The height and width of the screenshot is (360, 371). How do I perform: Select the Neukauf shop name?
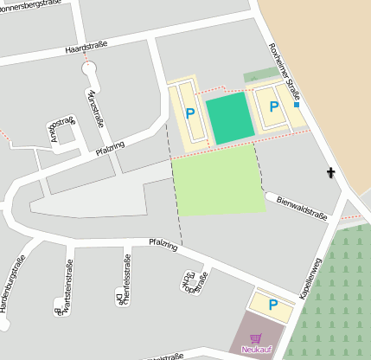click(256, 349)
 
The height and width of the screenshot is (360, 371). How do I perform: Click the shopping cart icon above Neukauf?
click(254, 338)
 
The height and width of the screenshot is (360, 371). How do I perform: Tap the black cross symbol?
click(329, 173)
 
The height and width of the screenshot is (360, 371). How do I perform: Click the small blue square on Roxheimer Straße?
click(297, 104)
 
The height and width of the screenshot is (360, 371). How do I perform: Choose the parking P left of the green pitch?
click(190, 112)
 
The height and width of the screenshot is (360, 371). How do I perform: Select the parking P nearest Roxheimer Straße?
click(274, 106)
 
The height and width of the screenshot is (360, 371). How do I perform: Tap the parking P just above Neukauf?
click(273, 304)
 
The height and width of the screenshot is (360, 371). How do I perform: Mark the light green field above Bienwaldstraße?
click(219, 179)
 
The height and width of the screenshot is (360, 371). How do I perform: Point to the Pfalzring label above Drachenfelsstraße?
click(163, 245)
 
